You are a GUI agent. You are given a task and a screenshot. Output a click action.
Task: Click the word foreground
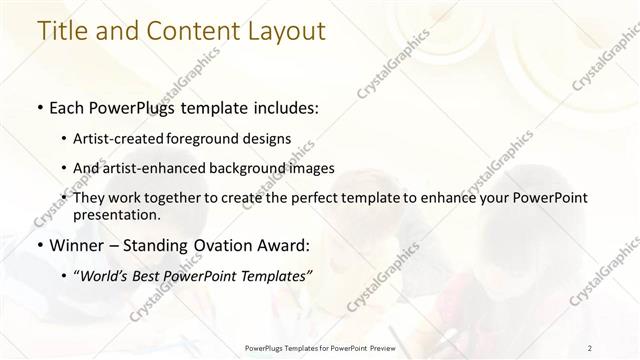tap(218, 139)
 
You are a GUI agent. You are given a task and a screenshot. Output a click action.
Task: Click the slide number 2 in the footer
tap(591, 347)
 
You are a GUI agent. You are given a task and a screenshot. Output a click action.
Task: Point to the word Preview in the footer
tap(379, 347)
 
